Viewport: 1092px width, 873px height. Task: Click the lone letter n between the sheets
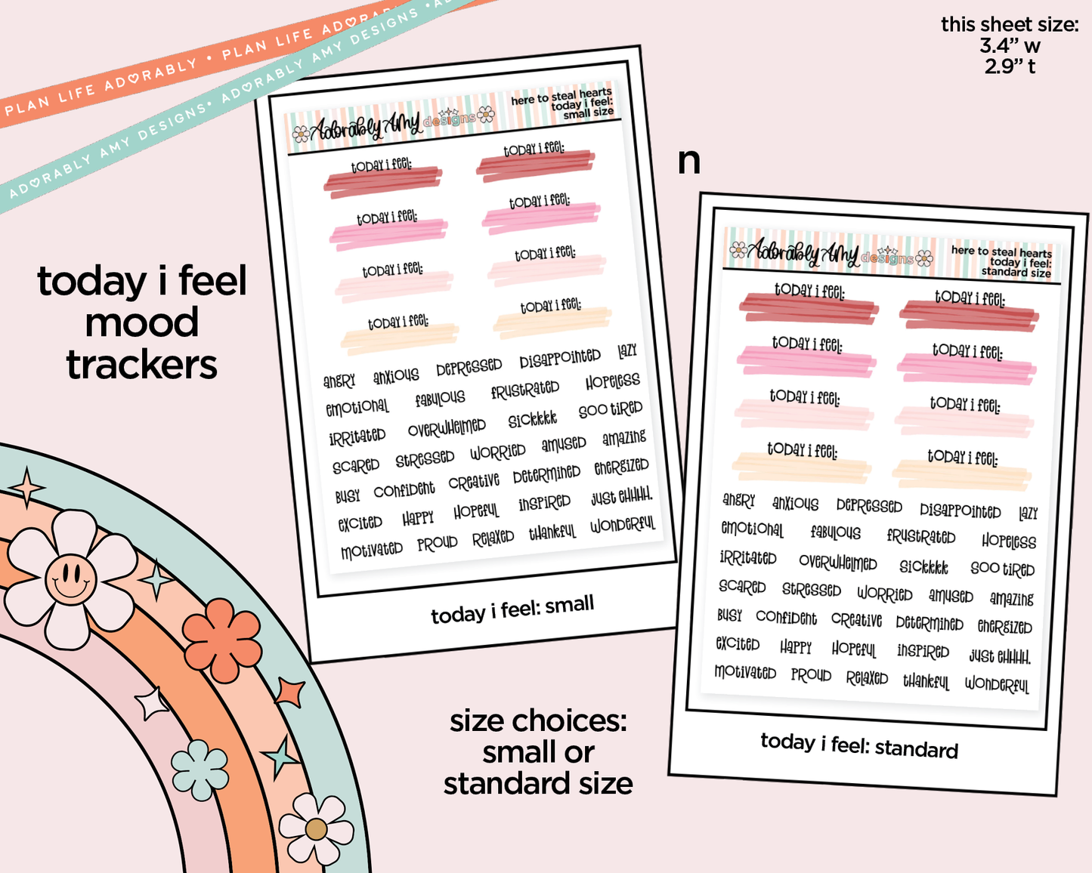(688, 161)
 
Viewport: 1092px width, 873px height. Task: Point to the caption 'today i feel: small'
(512, 609)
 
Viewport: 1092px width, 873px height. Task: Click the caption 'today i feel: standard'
(859, 745)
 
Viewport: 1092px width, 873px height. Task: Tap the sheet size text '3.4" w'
(1010, 46)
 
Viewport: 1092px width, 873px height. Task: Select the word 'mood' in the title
(142, 322)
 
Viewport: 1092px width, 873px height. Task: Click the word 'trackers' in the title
(142, 365)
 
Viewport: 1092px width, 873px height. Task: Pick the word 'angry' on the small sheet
(339, 381)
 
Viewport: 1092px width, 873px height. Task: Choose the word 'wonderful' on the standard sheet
(997, 684)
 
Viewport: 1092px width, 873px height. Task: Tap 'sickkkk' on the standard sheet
(923, 566)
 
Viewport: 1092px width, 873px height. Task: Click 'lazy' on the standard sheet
(1028, 514)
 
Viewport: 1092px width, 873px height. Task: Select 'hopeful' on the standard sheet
(853, 649)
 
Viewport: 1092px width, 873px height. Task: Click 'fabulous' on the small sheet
(440, 398)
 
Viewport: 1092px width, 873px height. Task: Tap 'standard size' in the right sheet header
(1016, 272)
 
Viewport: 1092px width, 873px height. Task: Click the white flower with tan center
(316, 829)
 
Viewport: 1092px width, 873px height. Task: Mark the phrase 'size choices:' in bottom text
(538, 721)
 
